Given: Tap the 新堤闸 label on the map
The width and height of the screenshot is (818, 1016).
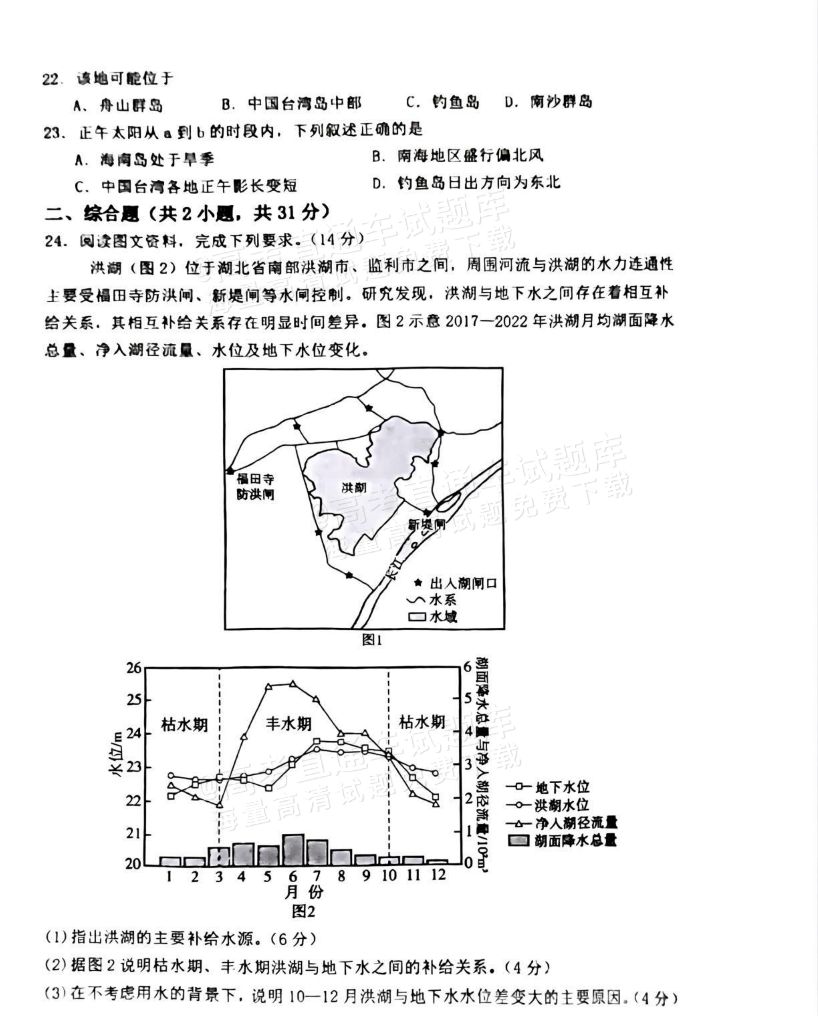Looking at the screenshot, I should (426, 524).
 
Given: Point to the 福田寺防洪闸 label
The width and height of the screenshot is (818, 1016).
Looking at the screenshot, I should (255, 487).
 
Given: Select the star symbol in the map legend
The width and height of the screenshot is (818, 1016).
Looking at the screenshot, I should (418, 583).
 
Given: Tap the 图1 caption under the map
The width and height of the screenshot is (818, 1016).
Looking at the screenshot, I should (372, 640).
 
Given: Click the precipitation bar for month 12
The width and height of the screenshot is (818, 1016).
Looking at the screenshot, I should (438, 862).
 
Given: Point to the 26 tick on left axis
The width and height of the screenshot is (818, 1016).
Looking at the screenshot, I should (134, 668).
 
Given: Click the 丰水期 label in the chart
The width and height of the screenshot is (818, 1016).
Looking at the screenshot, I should (288, 723).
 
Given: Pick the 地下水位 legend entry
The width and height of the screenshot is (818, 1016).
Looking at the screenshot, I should (562, 787).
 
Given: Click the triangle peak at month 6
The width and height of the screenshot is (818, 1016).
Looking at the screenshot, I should (293, 683).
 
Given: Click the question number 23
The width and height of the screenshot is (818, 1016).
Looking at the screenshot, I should (52, 133).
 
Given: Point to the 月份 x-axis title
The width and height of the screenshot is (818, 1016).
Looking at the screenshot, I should (304, 892).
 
